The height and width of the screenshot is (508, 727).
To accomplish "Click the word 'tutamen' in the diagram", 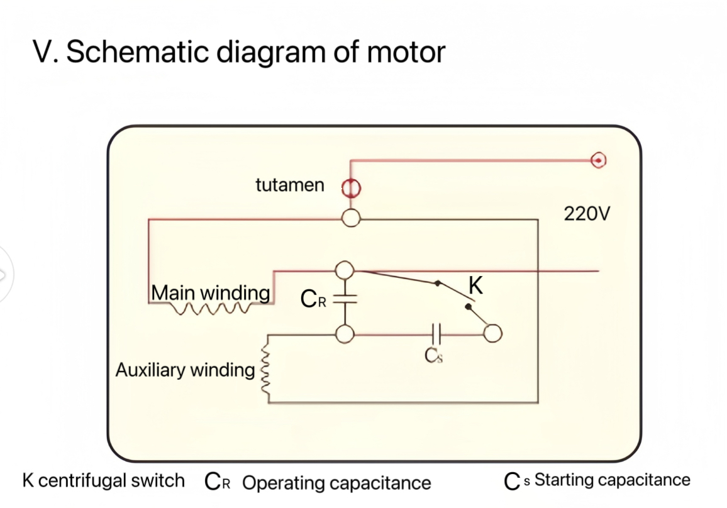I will point(290,185).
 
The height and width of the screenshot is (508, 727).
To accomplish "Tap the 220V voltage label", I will point(586,214).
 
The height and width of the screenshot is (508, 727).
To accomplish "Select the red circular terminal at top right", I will point(598,160).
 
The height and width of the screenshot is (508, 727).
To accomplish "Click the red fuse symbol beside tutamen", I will point(351,187).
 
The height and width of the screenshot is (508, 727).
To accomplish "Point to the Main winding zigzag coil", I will point(214,308).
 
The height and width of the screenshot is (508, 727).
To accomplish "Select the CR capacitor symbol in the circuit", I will point(344,299).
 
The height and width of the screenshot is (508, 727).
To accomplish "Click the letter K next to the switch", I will point(475,286).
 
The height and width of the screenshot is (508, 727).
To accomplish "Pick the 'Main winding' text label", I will point(211,293).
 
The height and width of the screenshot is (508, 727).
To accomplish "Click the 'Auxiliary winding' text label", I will point(185,370).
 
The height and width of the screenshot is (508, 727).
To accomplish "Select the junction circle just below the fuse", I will point(351,218).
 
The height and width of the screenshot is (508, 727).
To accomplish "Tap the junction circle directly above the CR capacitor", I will point(344,270).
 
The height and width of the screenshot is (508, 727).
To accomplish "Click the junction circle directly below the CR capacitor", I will point(344,334).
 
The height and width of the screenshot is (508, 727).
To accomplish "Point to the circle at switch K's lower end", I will point(492,334).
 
